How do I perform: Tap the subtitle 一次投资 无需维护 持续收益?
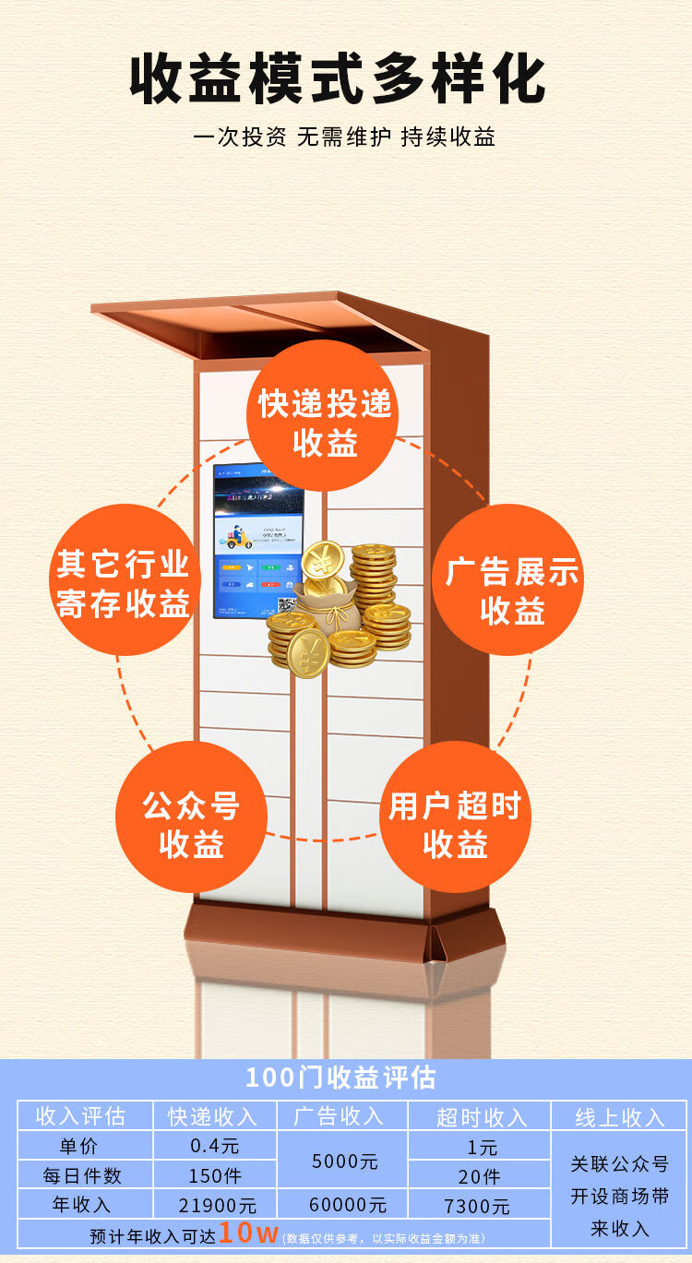(x=344, y=137)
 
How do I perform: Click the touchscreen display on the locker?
(x=258, y=540)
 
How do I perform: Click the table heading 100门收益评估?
(x=341, y=1078)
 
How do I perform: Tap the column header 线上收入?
(x=620, y=1116)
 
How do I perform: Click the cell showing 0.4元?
(x=214, y=1146)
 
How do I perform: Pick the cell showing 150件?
(x=214, y=1175)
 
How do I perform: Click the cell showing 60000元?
(x=344, y=1205)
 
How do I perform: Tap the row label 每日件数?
(x=83, y=1175)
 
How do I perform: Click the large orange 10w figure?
(x=248, y=1233)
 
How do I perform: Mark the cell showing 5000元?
(x=344, y=1161)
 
